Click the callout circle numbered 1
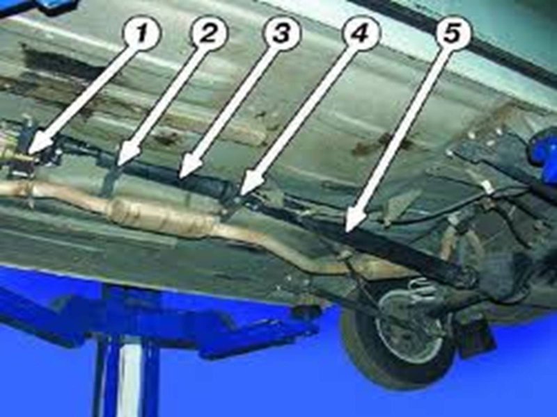coord(141,34)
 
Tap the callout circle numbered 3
coord(281,34)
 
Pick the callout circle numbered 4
coord(360,34)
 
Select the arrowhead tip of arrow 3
coord(178,177)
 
